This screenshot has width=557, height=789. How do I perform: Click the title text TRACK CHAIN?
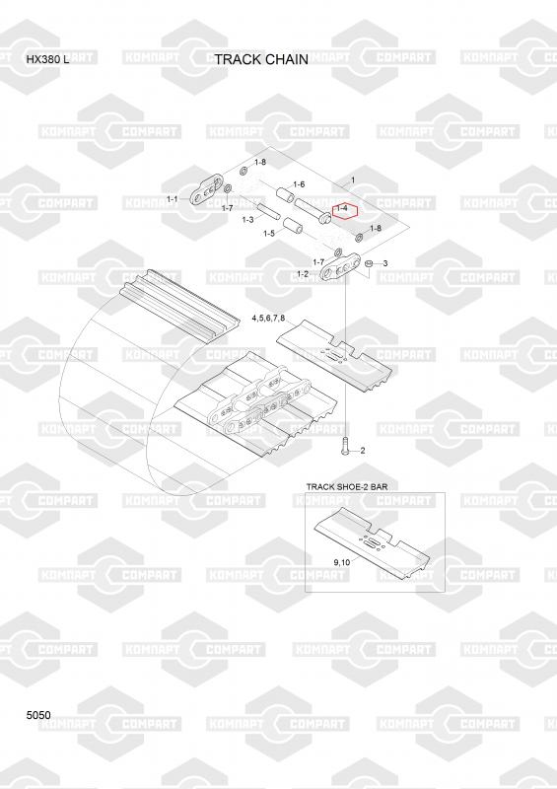point(261,59)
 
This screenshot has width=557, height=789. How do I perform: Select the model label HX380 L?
point(48,59)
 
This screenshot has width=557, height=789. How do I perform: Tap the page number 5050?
point(38,715)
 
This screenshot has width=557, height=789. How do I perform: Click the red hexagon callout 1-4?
point(345,212)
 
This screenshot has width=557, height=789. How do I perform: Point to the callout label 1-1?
point(173,199)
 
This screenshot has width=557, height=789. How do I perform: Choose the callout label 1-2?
point(303,274)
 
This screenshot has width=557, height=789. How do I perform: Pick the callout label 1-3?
point(247,219)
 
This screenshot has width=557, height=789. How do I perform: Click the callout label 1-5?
point(269,233)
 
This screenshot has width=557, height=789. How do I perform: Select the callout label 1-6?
point(299,184)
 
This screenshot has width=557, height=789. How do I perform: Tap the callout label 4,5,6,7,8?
point(268,318)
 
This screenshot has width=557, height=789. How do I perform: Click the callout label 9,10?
point(342,562)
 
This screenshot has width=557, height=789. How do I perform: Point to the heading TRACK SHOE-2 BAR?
point(347,486)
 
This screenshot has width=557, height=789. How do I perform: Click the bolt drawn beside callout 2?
point(345,447)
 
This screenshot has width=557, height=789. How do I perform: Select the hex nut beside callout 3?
point(368,263)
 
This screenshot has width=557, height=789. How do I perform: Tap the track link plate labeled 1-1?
point(207,190)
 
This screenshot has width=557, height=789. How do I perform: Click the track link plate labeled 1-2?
point(341,267)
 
